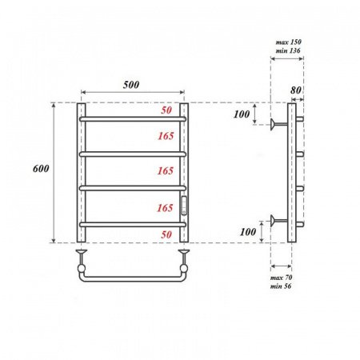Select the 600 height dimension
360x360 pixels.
(42, 169)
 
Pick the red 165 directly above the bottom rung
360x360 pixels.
(165, 207)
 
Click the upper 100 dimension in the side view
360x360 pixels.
(242, 116)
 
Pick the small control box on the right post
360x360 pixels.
(185, 206)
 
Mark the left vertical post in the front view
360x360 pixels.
(81, 172)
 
